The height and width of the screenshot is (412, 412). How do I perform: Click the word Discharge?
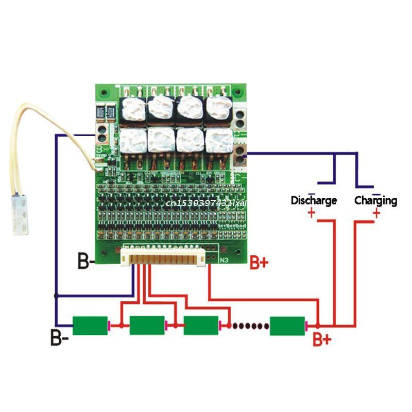point(314,200)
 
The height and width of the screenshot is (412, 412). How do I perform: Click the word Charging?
point(375,200)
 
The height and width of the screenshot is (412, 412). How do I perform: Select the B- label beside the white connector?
point(85,261)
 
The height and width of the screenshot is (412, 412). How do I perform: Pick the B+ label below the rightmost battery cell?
point(322,340)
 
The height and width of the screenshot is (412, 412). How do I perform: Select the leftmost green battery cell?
point(90,325)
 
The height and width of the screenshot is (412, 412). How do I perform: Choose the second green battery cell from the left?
point(147,325)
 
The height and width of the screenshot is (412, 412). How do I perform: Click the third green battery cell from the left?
point(201,325)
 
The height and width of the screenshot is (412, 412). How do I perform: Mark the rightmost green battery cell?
point(287,325)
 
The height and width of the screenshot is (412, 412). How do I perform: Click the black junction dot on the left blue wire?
point(56,296)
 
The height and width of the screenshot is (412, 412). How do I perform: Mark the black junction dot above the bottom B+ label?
point(317,325)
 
